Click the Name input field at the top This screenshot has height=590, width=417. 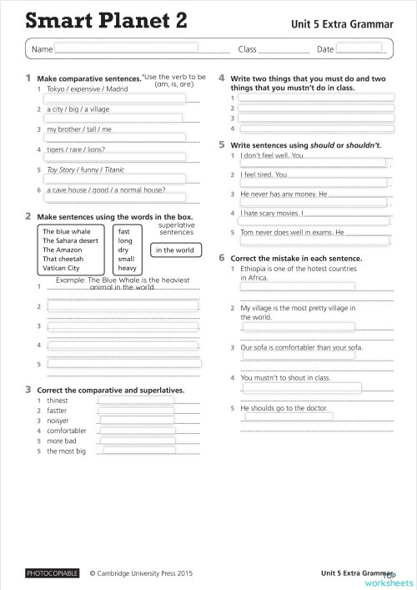[x=126, y=48]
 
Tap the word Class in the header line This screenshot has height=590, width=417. [x=248, y=50]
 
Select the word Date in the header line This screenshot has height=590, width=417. [x=325, y=50]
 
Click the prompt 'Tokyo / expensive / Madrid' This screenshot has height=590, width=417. [x=88, y=88]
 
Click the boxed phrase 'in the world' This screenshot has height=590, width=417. [x=173, y=250]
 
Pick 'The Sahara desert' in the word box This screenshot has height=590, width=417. [x=72, y=240]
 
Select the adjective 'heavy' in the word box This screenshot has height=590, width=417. [x=127, y=268]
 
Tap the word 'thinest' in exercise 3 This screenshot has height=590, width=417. [x=58, y=401]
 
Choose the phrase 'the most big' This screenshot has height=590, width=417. [x=66, y=451]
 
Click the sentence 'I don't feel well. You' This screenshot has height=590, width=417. [x=272, y=155]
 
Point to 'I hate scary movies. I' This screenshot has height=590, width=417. [x=271, y=213]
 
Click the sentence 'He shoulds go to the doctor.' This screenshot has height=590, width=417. [x=284, y=408]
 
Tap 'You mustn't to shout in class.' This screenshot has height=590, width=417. [x=285, y=377]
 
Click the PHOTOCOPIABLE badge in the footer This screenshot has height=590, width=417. [x=52, y=573]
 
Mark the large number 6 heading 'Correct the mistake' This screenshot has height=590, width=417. [x=222, y=258]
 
